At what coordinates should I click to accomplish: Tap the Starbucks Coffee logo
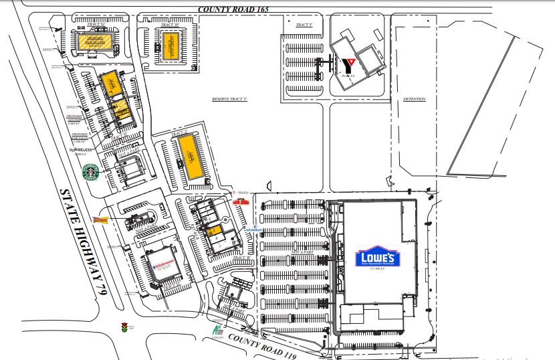pos(90,173)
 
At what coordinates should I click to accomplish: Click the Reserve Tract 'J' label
pos(230,99)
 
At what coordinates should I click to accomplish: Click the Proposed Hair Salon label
pos(80,137)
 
